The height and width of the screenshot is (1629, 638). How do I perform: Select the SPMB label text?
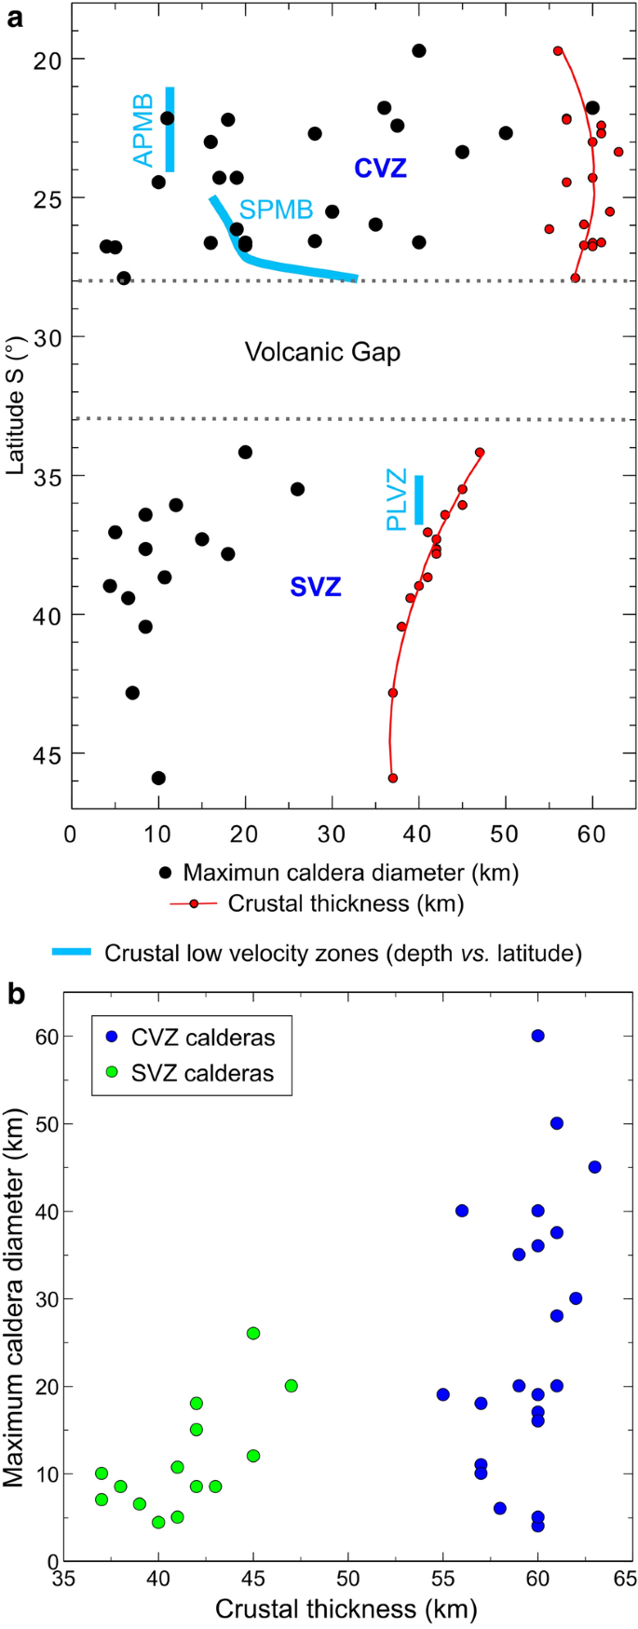277,210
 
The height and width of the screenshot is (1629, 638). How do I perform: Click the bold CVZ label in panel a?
380,169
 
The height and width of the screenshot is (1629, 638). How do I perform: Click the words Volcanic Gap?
322,352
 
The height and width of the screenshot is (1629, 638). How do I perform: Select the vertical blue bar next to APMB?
170,129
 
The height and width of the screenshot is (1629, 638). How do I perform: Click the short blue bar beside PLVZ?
419,500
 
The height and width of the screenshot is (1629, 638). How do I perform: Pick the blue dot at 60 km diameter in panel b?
537,1036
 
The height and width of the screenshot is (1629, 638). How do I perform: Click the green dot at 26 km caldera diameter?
253,1334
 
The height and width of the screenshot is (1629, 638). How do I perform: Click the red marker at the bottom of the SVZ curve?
393,778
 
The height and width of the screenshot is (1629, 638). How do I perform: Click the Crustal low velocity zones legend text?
343,953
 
